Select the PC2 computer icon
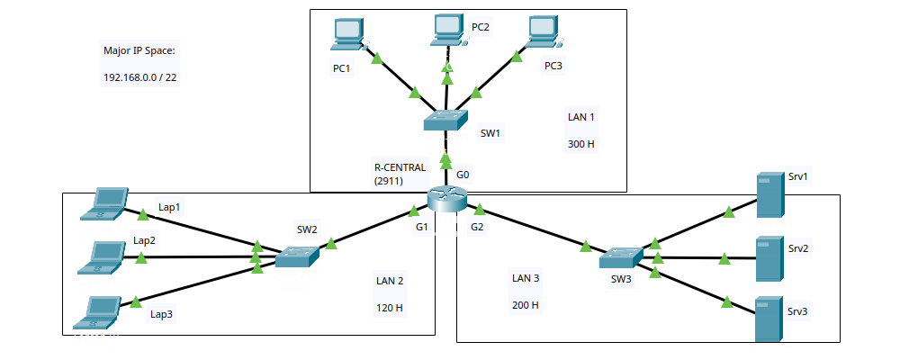[x=446, y=30]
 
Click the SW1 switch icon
[x=446, y=120]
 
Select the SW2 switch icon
[x=296, y=256]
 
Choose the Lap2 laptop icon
[x=102, y=256]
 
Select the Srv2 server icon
[x=768, y=258]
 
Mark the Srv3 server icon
[x=768, y=319]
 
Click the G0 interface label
[x=463, y=175]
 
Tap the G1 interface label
[x=421, y=227]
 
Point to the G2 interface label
[x=477, y=227]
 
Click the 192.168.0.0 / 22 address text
[x=140, y=77]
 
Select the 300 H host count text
[x=581, y=143]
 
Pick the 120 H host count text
[x=389, y=308]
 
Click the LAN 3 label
[x=525, y=279]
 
